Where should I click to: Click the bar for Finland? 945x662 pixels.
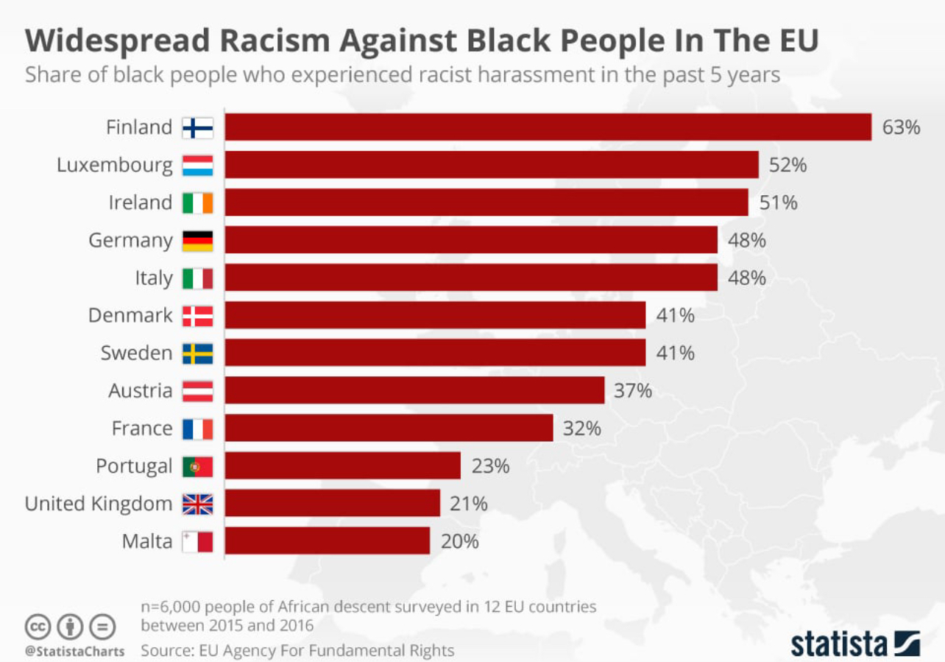[548, 127]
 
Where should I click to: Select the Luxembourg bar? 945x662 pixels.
[491, 165]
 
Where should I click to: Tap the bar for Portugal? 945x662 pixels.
[342, 466]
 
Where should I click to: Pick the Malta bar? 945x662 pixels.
[327, 541]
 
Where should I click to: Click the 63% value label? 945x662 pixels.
[901, 127]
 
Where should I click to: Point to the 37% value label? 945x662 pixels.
[633, 391]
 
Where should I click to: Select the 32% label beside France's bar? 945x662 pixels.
[581, 429]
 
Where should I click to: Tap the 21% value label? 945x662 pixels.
[468, 504]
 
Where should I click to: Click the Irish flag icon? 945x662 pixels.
[197, 203]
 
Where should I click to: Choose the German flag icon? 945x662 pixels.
[197, 241]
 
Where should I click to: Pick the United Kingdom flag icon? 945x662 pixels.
[197, 504]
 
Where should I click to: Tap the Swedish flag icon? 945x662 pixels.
[197, 353]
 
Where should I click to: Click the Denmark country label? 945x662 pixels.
[130, 316]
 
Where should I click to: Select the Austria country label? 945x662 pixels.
[141, 391]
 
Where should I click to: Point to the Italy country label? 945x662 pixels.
[154, 278]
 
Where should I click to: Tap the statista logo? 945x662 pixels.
[854, 643]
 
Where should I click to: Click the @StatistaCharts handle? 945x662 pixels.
[74, 652]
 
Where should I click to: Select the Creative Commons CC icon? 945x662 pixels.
[39, 627]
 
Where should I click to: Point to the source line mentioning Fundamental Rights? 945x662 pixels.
[297, 651]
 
